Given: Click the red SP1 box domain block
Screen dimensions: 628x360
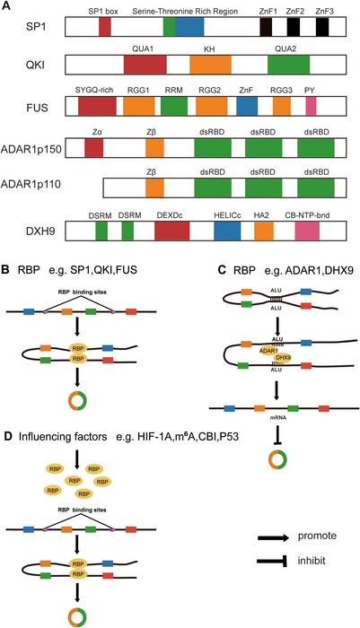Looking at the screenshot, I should point(105,27).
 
